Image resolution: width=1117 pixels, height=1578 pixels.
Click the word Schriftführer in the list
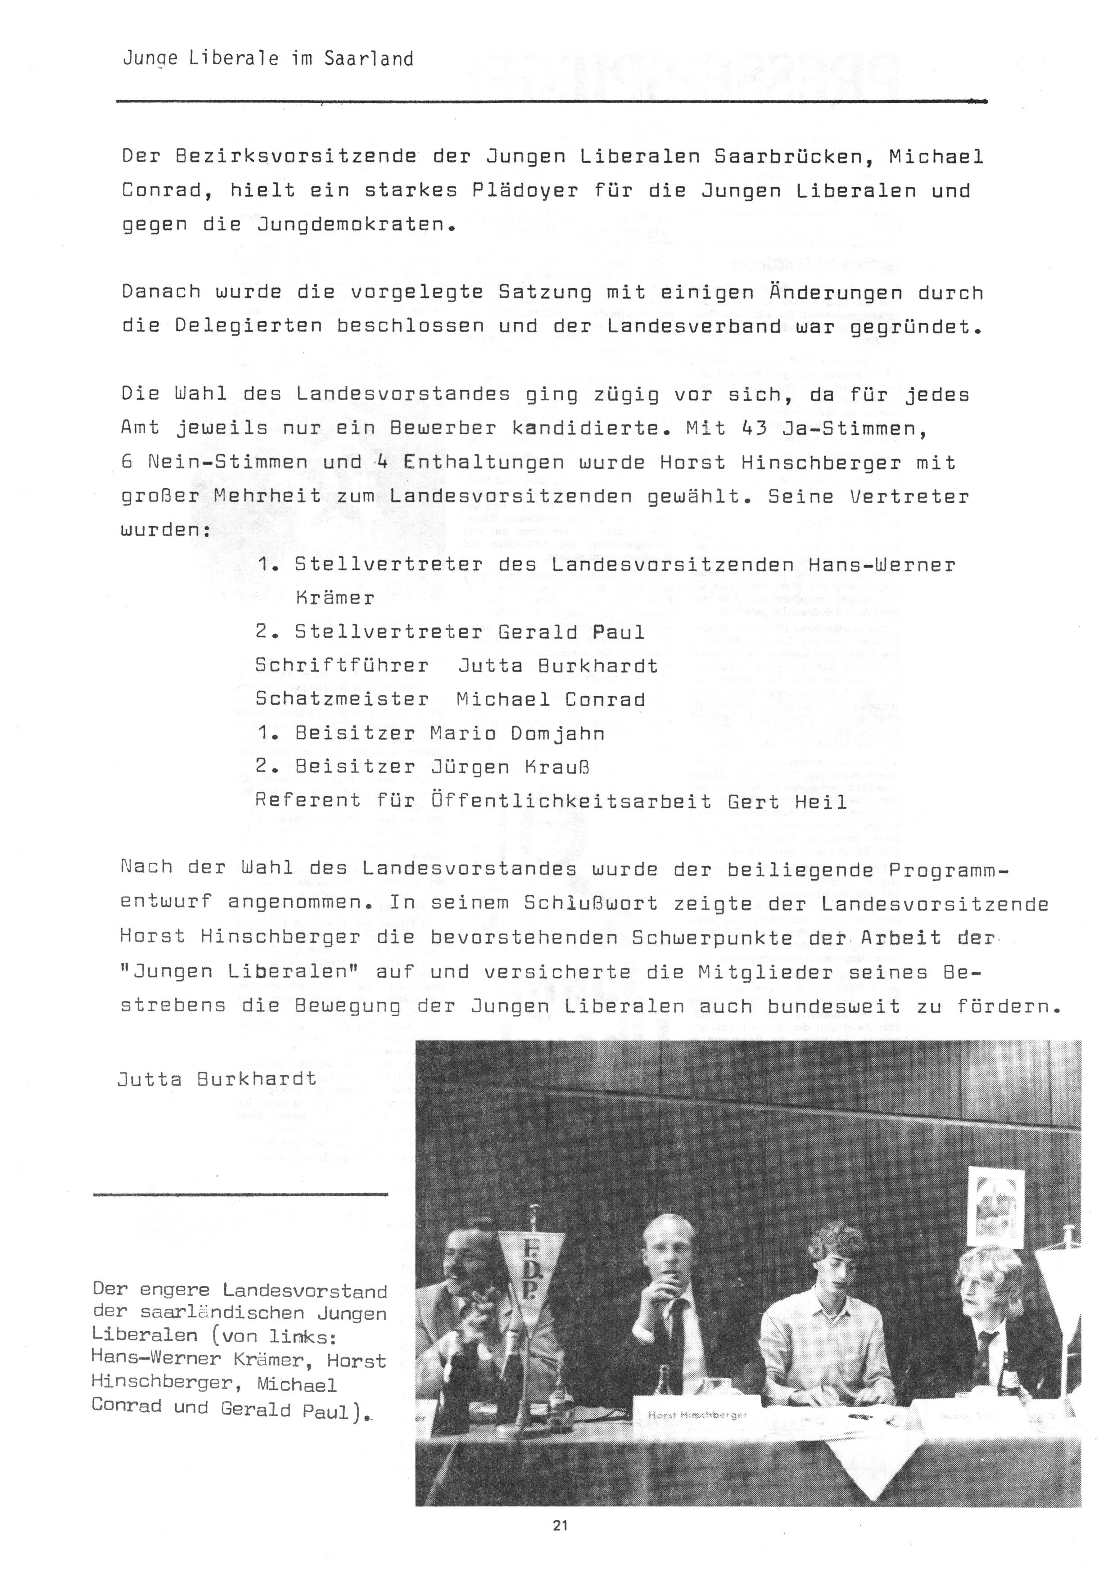coord(342,666)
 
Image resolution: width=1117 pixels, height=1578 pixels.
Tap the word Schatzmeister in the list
coord(342,699)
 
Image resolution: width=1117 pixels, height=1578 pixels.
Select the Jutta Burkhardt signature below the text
coord(217,1079)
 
